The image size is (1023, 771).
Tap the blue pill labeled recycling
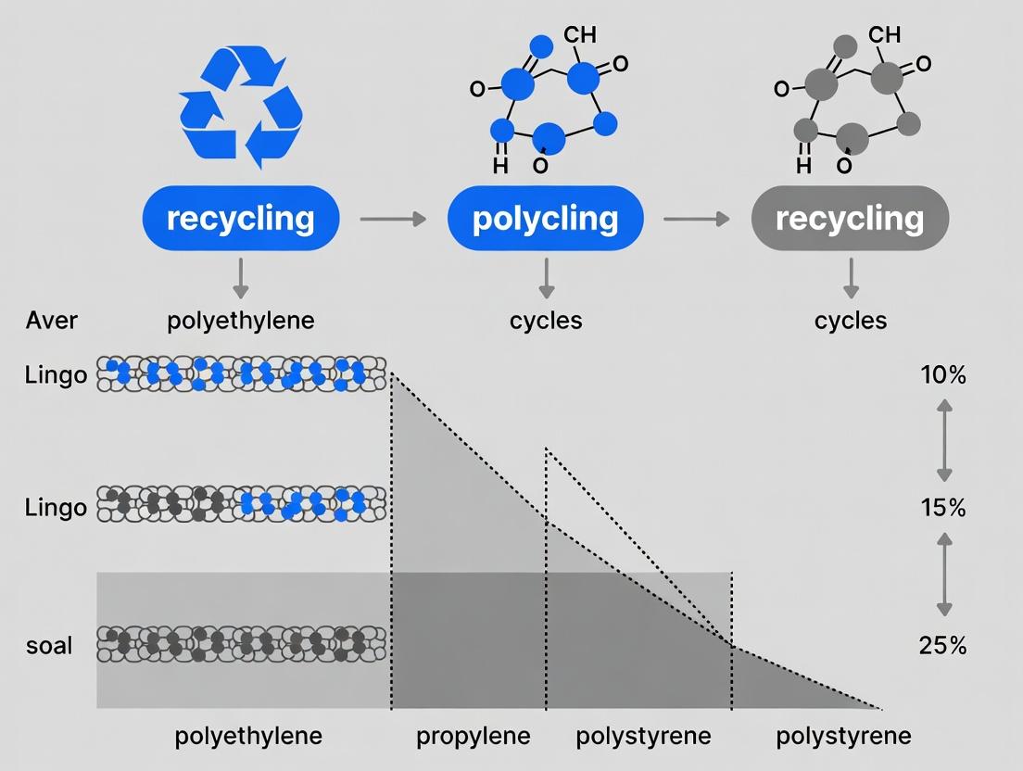click(x=241, y=219)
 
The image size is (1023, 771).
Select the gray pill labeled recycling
click(x=850, y=219)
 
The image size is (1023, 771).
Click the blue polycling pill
click(x=545, y=219)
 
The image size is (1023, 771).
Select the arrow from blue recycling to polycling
click(x=392, y=219)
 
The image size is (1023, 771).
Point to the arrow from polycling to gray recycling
click(x=696, y=219)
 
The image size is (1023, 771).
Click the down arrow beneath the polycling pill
click(x=546, y=277)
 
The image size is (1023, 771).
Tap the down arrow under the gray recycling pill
click(x=851, y=277)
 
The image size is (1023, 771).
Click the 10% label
click(x=942, y=375)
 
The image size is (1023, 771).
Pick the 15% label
click(x=942, y=508)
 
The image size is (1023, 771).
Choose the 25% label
click(x=942, y=646)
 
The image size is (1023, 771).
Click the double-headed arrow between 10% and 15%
click(x=943, y=440)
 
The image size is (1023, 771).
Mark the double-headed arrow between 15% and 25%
click(x=943, y=575)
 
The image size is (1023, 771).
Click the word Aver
click(x=52, y=322)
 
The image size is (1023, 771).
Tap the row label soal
click(x=49, y=644)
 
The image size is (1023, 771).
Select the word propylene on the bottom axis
click(x=474, y=737)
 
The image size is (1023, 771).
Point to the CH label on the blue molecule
click(x=579, y=35)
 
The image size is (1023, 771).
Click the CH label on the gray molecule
click(x=884, y=35)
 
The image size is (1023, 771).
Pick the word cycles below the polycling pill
click(x=546, y=322)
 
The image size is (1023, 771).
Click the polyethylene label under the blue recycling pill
click(x=241, y=322)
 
